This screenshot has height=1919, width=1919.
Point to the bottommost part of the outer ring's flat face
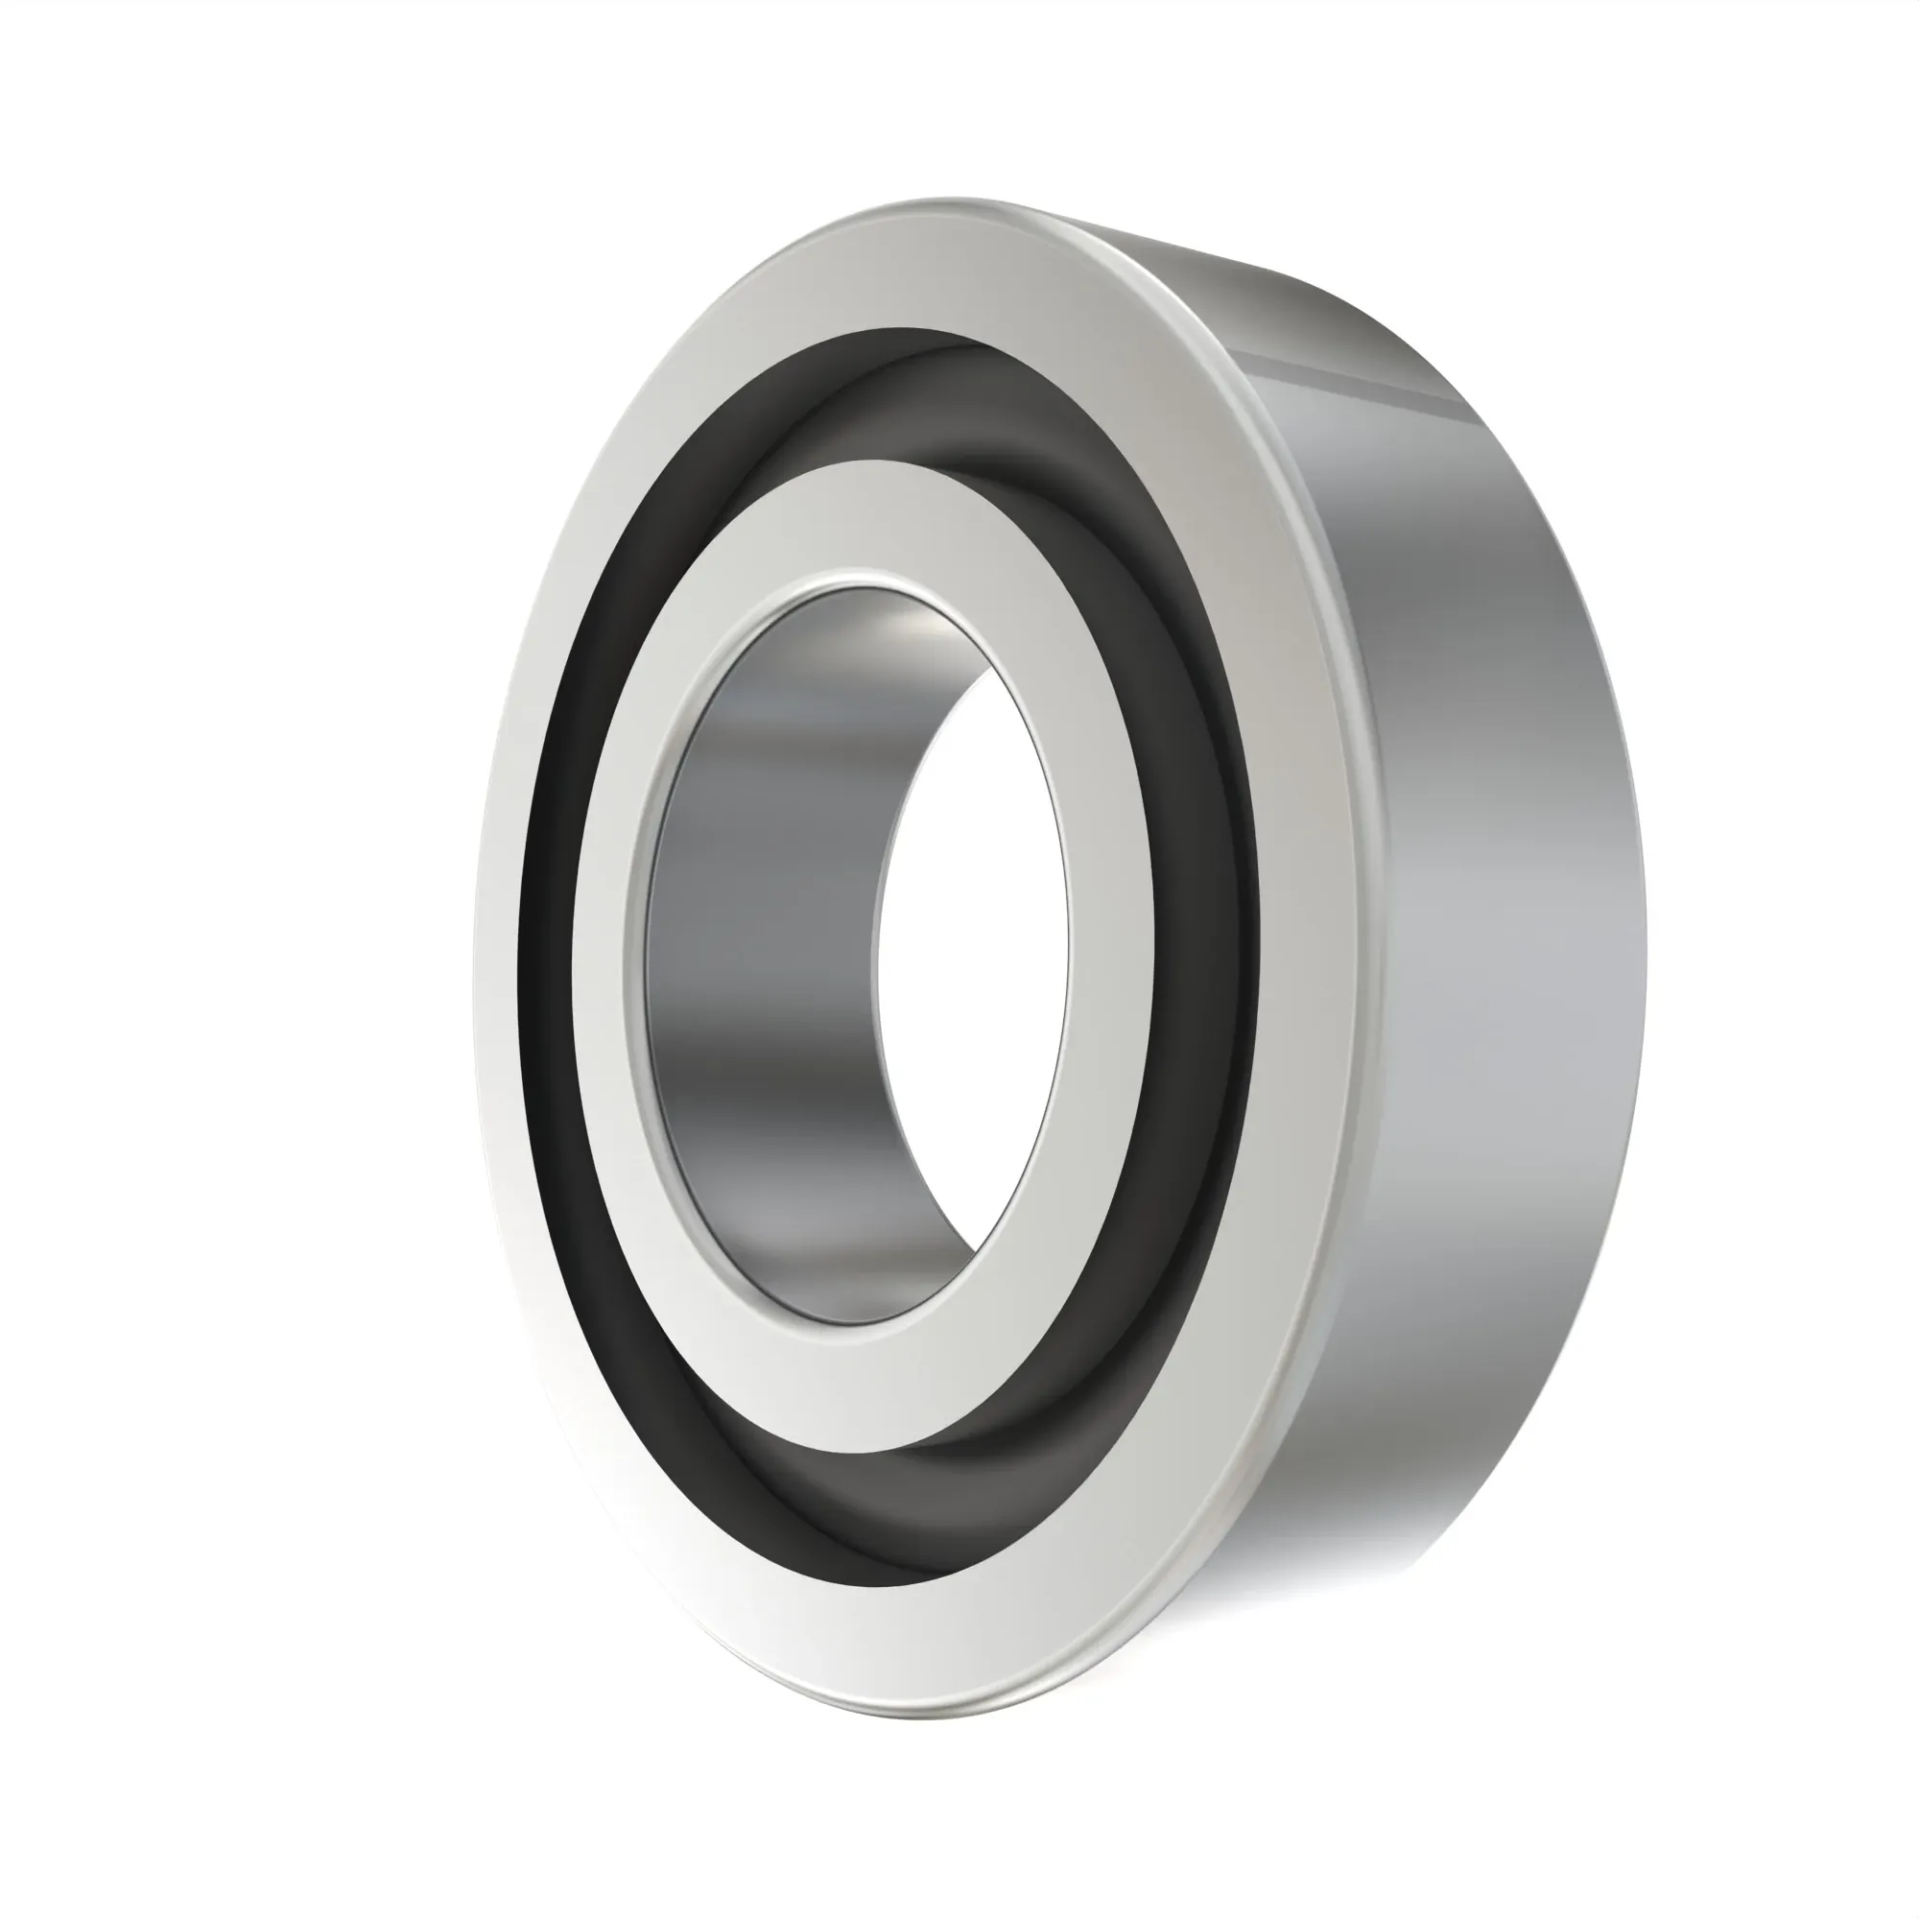(894, 1639)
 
